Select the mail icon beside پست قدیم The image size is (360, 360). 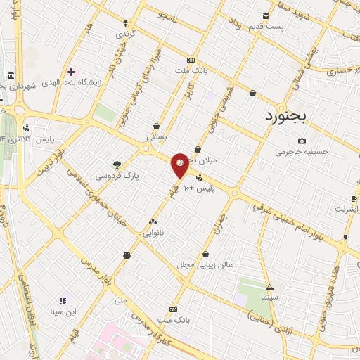tap(266, 16)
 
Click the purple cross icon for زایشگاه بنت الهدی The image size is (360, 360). tap(71, 72)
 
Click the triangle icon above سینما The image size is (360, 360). tap(269, 287)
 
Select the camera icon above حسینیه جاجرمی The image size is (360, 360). tap(302, 141)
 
